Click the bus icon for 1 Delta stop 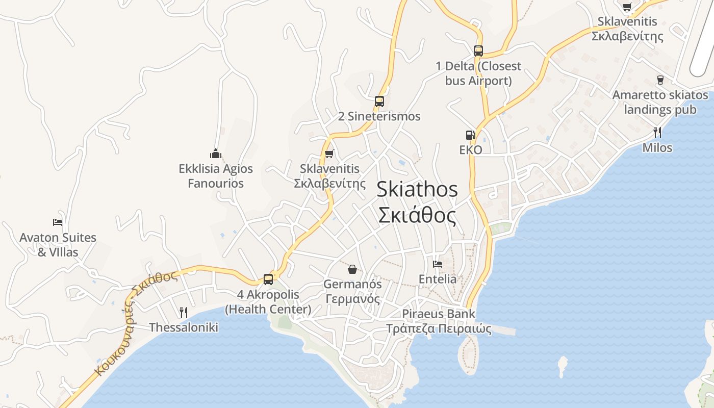tap(478, 50)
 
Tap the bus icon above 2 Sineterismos tap(379, 101)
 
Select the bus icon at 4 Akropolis tap(268, 279)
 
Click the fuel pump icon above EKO tap(470, 135)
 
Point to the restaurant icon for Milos tap(657, 133)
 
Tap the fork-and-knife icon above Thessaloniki tap(184, 312)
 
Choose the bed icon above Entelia tap(438, 264)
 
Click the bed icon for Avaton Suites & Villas tap(58, 222)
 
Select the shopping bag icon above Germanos tap(352, 269)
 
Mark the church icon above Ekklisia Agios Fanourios tap(216, 153)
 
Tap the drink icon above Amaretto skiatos tap(660, 80)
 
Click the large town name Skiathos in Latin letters tap(417, 190)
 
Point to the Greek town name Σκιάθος tap(417, 216)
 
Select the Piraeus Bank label tap(439, 314)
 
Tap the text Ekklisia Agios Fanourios tap(216, 175)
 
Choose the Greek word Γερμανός tap(352, 299)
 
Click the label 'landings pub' tap(660, 110)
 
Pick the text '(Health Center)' tap(268, 309)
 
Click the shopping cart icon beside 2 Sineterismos tap(329, 154)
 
